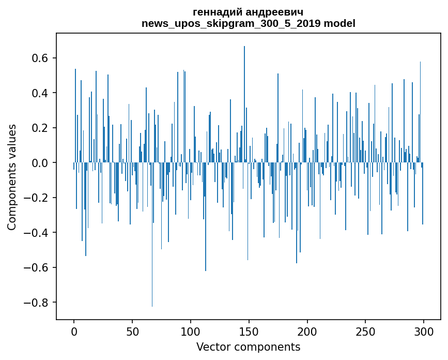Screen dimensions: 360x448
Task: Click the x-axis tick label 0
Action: tap(74, 331)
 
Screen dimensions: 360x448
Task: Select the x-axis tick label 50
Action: tap(132, 331)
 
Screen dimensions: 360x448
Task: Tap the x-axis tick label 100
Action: tap(191, 331)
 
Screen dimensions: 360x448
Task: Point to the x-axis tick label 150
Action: tap(249, 331)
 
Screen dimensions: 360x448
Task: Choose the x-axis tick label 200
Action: tap(307, 331)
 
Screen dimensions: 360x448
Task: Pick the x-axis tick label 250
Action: tap(365, 331)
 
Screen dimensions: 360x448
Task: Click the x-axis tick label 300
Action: tap(424, 331)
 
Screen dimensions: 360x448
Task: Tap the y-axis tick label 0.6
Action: tap(39, 58)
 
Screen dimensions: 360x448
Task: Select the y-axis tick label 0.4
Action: tap(39, 93)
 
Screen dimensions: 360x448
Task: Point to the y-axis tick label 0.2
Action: tap(39, 128)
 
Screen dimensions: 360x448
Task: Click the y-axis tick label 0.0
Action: tap(39, 163)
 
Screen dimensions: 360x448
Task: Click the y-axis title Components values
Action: tap(12, 177)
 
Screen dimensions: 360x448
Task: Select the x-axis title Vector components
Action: tap(248, 347)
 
